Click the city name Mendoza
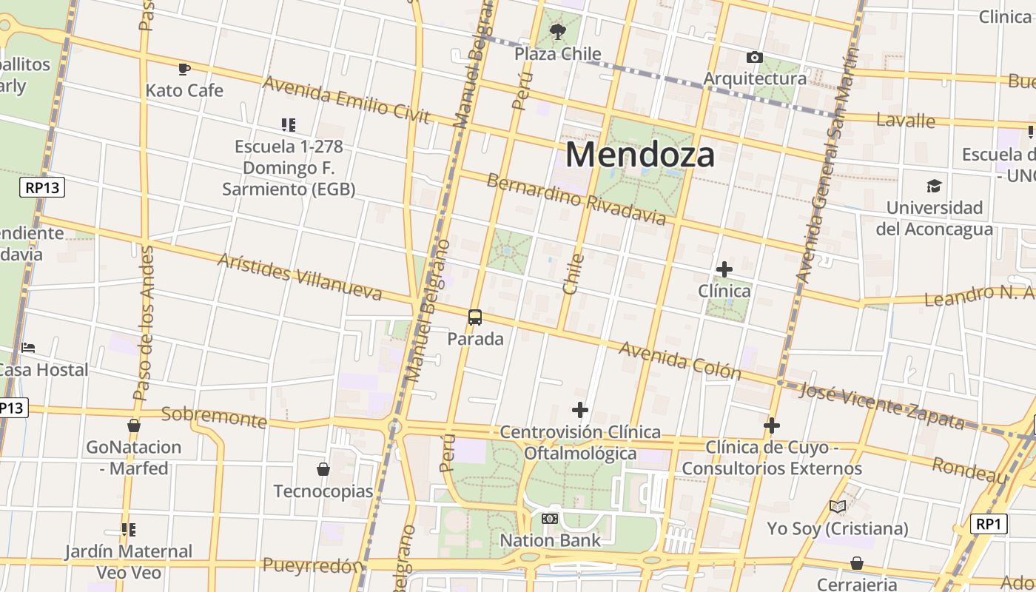pos(640,155)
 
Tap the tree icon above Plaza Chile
pos(558,32)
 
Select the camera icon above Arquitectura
pos(755,57)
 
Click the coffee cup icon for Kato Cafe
pos(184,69)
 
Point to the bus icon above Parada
pos(475,317)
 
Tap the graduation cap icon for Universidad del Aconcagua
pos(935,186)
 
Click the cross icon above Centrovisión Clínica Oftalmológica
pos(580,409)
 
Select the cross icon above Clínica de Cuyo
pos(772,425)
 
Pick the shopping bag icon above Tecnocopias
pos(323,469)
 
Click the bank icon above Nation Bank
pos(550,519)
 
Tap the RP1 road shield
pos(989,525)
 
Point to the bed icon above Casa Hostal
pos(28,347)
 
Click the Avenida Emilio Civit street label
pos(346,99)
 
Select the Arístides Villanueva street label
pos(300,277)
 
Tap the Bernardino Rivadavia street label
pos(576,198)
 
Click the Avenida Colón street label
pos(680,360)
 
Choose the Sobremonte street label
pos(214,417)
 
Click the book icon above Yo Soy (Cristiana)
pos(838,507)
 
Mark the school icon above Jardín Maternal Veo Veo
pos(129,530)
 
